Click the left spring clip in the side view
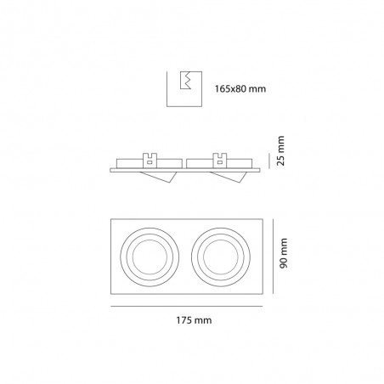tap(151, 158)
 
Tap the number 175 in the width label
tap(184, 320)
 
